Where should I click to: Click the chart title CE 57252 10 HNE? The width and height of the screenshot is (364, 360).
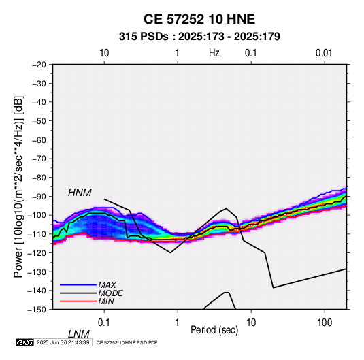[199, 19]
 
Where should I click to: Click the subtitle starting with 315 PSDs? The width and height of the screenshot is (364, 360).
[199, 37]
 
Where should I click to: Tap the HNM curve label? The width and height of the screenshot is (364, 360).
[80, 193]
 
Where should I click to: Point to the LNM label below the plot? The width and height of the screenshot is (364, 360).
[79, 334]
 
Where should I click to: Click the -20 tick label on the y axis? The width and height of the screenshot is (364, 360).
[39, 65]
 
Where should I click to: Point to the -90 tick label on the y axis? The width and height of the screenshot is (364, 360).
[39, 196]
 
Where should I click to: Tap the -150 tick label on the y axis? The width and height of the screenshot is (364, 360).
[37, 310]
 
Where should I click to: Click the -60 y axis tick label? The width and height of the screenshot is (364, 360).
[39, 140]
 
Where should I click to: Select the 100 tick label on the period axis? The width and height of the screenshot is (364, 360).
[325, 323]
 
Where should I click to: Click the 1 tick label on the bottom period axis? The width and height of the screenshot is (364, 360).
[178, 323]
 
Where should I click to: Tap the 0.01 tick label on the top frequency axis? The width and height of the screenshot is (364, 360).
[324, 53]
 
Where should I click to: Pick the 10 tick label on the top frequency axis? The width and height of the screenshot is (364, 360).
[104, 53]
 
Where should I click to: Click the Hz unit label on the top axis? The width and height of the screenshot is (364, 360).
[214, 53]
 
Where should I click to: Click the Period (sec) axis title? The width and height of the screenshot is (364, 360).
[214, 330]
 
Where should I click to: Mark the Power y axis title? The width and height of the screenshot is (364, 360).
[18, 187]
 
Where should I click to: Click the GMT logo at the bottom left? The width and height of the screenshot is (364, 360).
[25, 342]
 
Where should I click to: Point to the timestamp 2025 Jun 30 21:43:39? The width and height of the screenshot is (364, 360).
[63, 342]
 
